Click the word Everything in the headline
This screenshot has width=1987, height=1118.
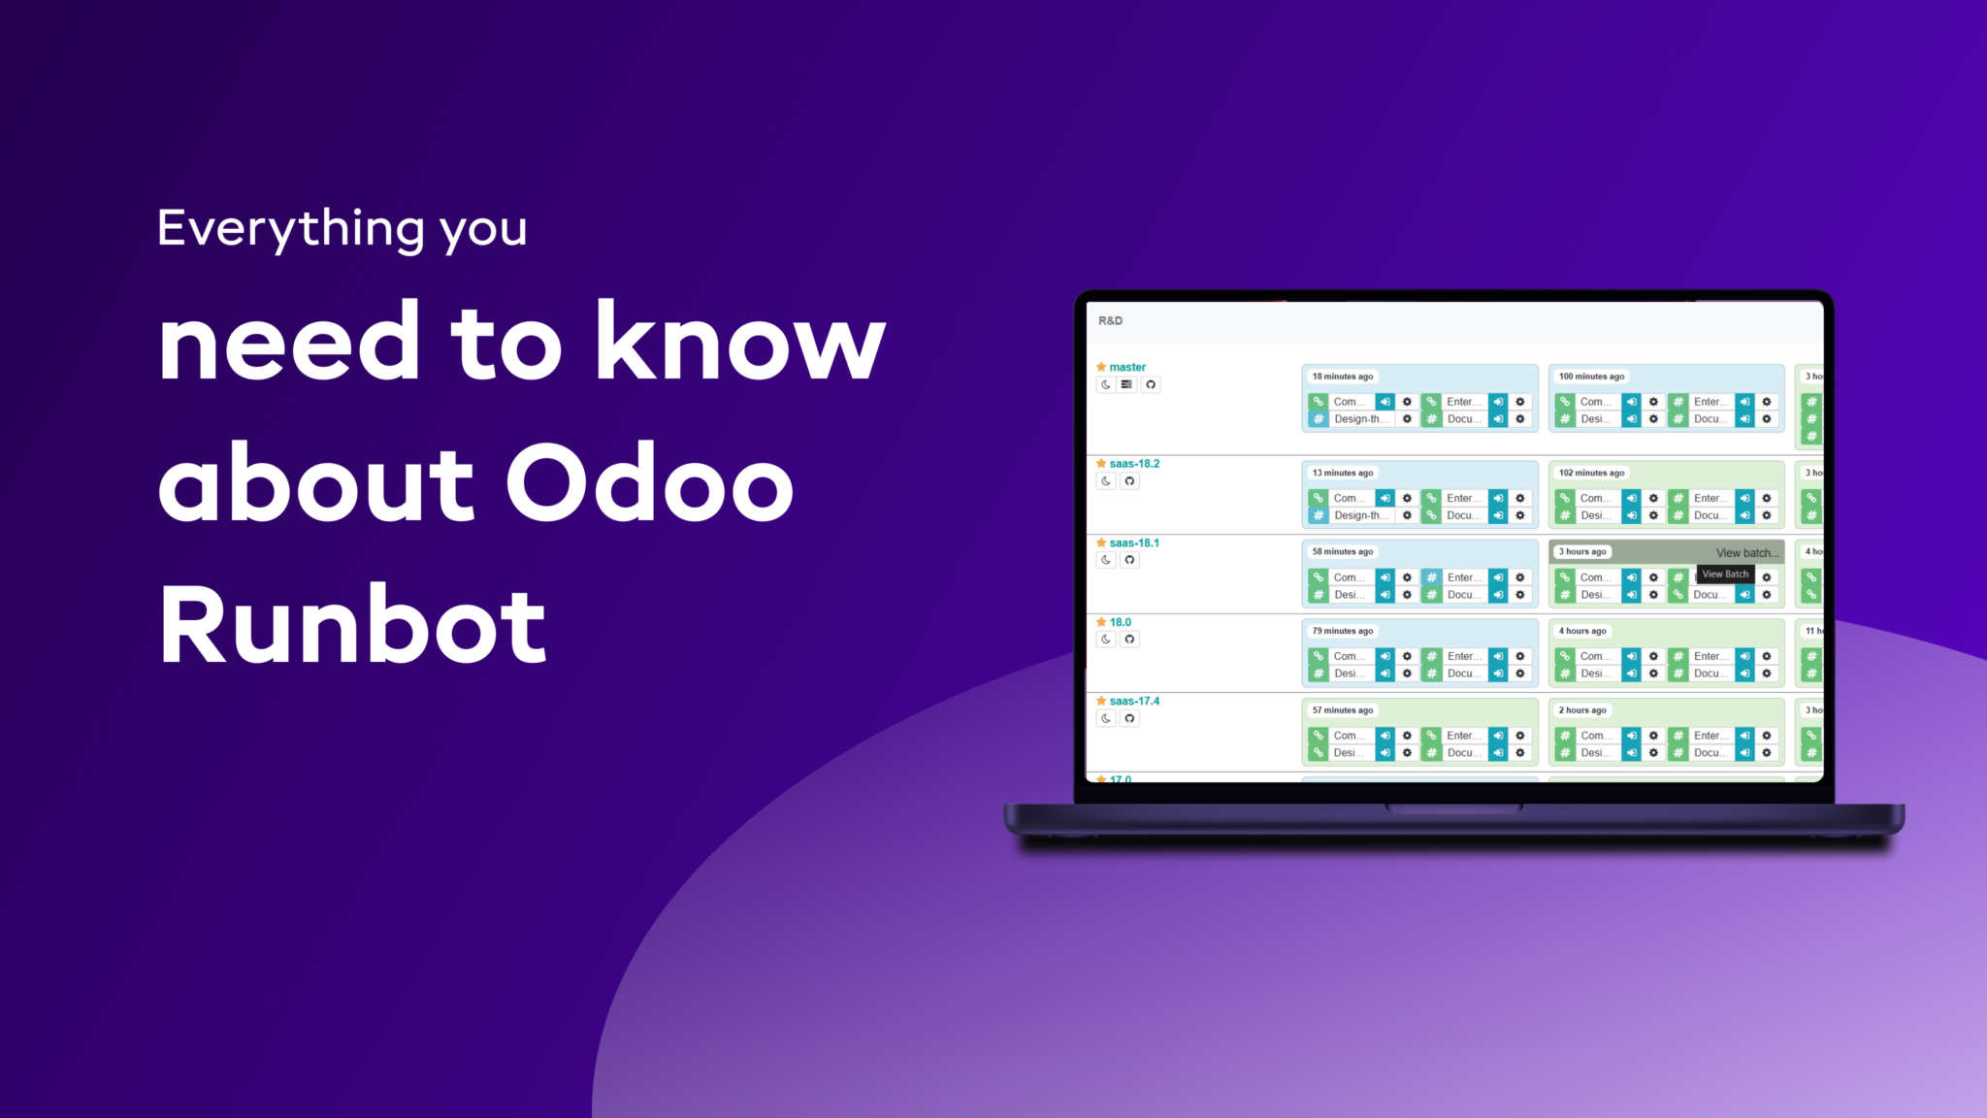click(290, 229)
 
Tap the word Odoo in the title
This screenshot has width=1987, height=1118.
click(649, 482)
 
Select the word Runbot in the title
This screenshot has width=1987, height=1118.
click(352, 625)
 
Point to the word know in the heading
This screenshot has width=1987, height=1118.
click(740, 341)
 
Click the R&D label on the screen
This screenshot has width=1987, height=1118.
click(1110, 320)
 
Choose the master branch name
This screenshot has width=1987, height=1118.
click(1127, 367)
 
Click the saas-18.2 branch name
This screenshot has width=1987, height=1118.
click(1134, 463)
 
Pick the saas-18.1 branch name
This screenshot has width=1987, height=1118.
click(1134, 543)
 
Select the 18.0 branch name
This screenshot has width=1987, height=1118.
click(1121, 622)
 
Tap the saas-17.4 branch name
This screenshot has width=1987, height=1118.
click(1134, 701)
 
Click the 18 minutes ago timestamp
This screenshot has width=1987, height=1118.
click(1343, 377)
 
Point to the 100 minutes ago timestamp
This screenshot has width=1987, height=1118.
click(1591, 377)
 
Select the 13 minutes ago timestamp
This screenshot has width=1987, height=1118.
click(1343, 473)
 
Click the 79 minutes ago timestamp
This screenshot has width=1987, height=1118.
click(1343, 631)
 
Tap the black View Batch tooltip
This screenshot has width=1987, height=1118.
click(1725, 575)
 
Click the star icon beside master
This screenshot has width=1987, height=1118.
click(1101, 367)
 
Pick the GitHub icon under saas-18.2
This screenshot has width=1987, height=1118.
click(1129, 481)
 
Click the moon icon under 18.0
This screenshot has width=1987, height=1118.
click(1106, 640)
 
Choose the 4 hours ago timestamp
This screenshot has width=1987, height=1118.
click(1582, 631)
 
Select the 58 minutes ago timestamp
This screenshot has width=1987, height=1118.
click(1343, 551)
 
